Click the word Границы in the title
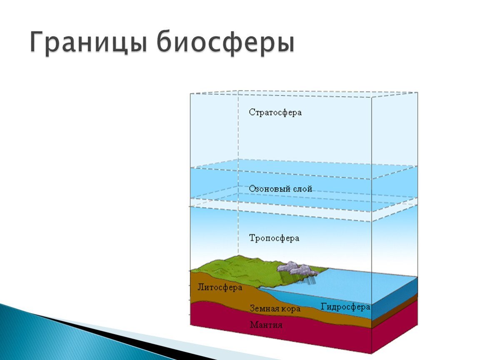88,43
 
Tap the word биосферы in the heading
225,43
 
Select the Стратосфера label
275,112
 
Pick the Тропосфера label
274,238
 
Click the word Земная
263,309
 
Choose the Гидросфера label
346,307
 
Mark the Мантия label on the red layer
266,324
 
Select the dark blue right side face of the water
394,298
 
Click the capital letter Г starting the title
37,43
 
